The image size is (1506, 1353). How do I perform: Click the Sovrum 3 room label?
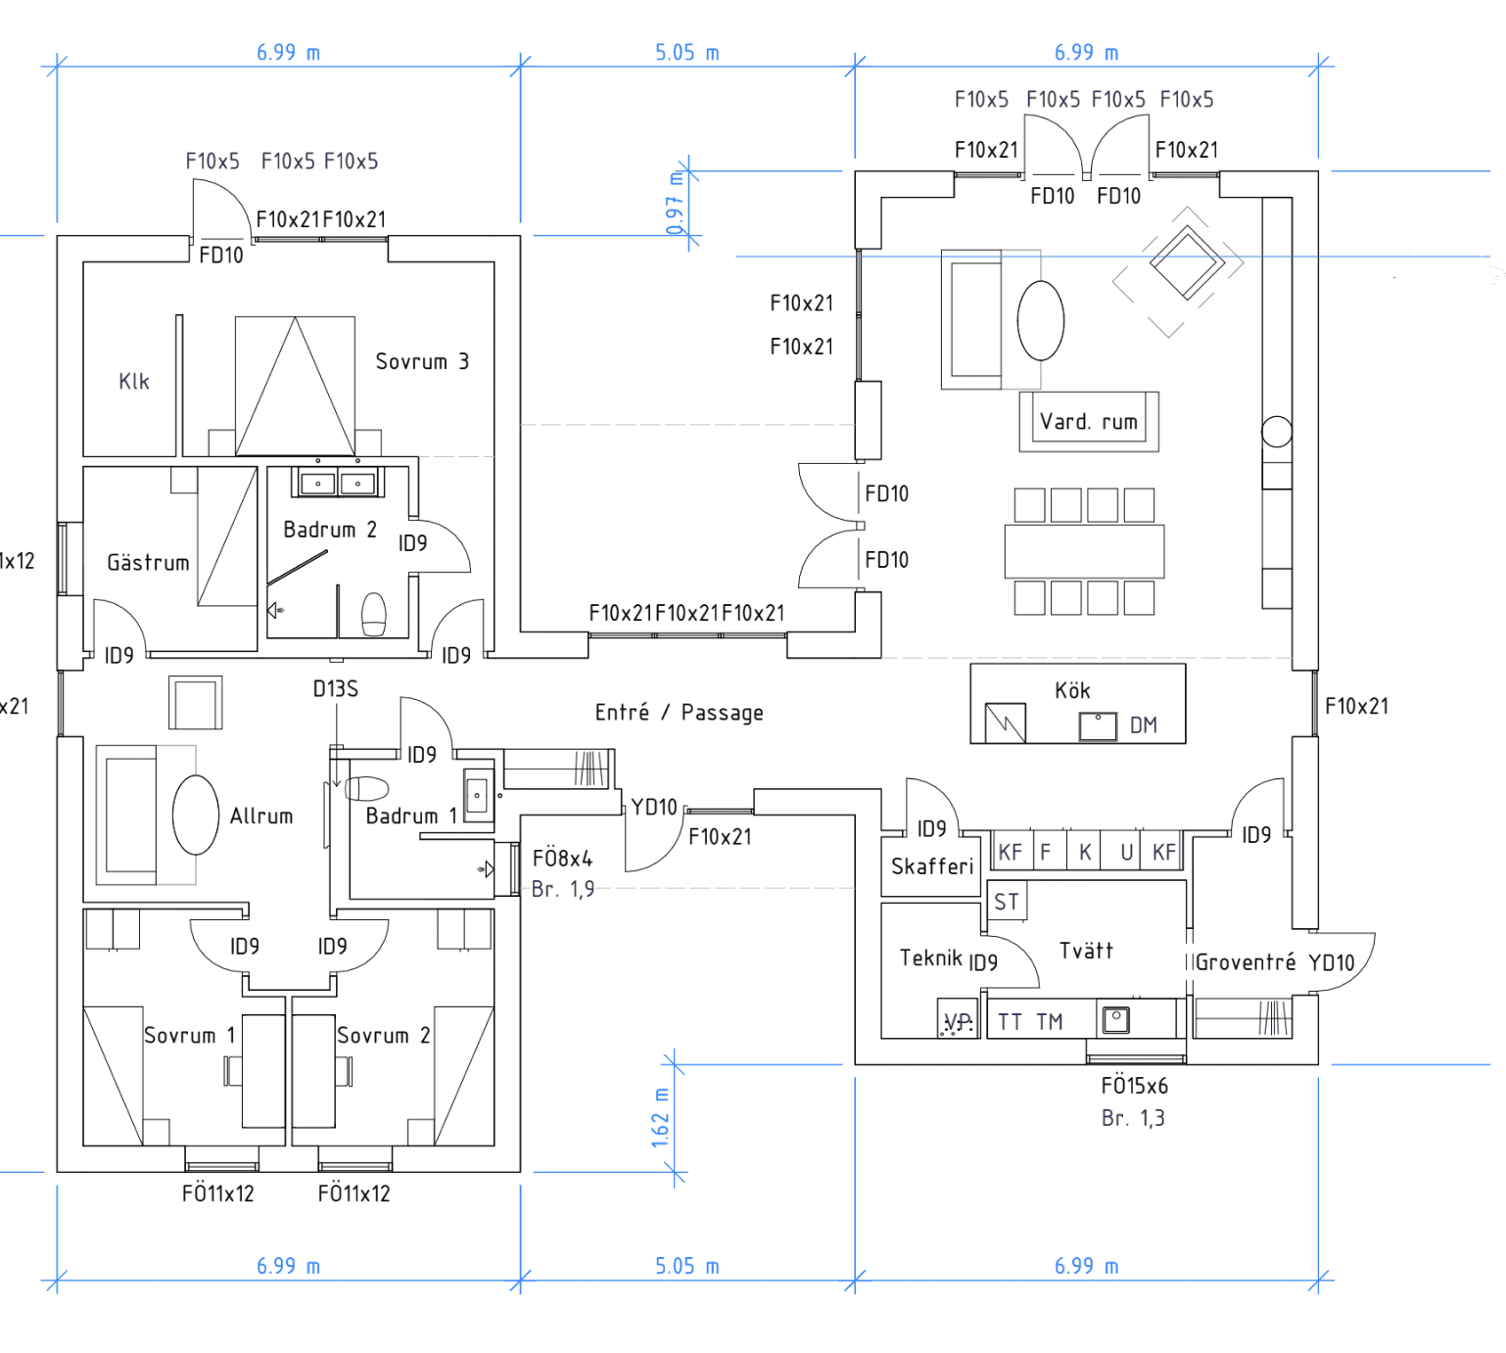pyautogui.click(x=422, y=361)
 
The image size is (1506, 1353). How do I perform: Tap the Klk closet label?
pyautogui.click(x=134, y=381)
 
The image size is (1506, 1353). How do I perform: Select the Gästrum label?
pyautogui.click(x=148, y=562)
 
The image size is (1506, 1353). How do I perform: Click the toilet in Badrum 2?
pyautogui.click(x=374, y=615)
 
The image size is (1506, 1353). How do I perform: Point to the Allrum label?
pyautogui.click(x=260, y=816)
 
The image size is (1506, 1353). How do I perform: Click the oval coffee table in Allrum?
pyautogui.click(x=196, y=815)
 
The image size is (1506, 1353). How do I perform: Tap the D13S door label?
pyautogui.click(x=336, y=689)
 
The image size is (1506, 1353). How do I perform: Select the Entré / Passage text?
pyautogui.click(x=679, y=713)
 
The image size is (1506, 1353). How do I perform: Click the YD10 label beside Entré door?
pyautogui.click(x=653, y=807)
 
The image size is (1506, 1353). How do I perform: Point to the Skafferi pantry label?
pyautogui.click(x=932, y=866)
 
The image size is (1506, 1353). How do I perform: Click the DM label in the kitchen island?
pyautogui.click(x=1143, y=725)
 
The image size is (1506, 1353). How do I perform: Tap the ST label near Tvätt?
pyautogui.click(x=1007, y=902)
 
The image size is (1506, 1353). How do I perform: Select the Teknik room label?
pyautogui.click(x=930, y=957)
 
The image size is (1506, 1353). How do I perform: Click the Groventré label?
pyautogui.click(x=1246, y=962)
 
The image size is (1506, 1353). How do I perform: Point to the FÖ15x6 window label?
pyautogui.click(x=1134, y=1086)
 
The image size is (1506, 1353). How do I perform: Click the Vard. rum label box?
pyautogui.click(x=1089, y=422)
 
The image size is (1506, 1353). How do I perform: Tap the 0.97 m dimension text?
pyautogui.click(x=675, y=204)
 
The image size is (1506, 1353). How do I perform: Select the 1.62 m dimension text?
pyautogui.click(x=661, y=1117)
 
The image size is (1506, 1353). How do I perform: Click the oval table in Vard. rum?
pyautogui.click(x=1040, y=321)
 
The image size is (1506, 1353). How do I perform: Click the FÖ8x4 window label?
pyautogui.click(x=562, y=859)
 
